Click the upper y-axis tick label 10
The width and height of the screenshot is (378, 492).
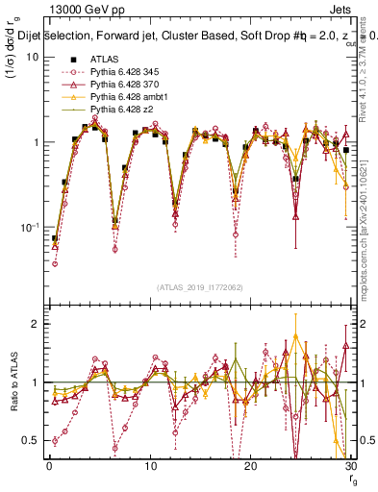pyautogui.click(x=33, y=57)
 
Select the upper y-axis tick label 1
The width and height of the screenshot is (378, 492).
pyautogui.click(x=36, y=142)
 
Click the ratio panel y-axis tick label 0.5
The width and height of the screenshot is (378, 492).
pyautogui.click(x=31, y=441)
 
